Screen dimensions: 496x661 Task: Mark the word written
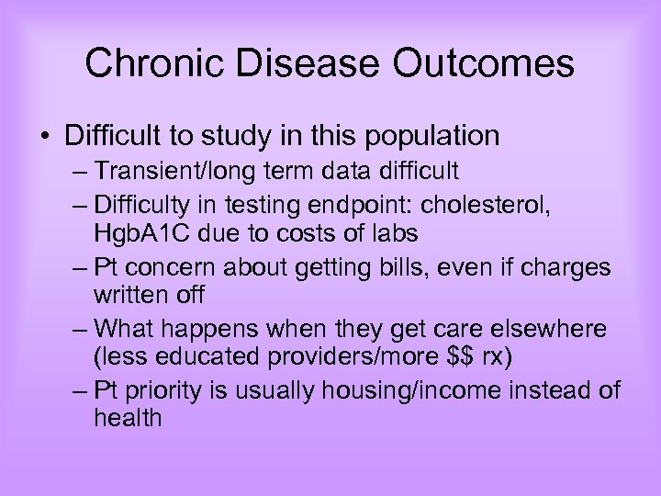(x=128, y=297)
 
